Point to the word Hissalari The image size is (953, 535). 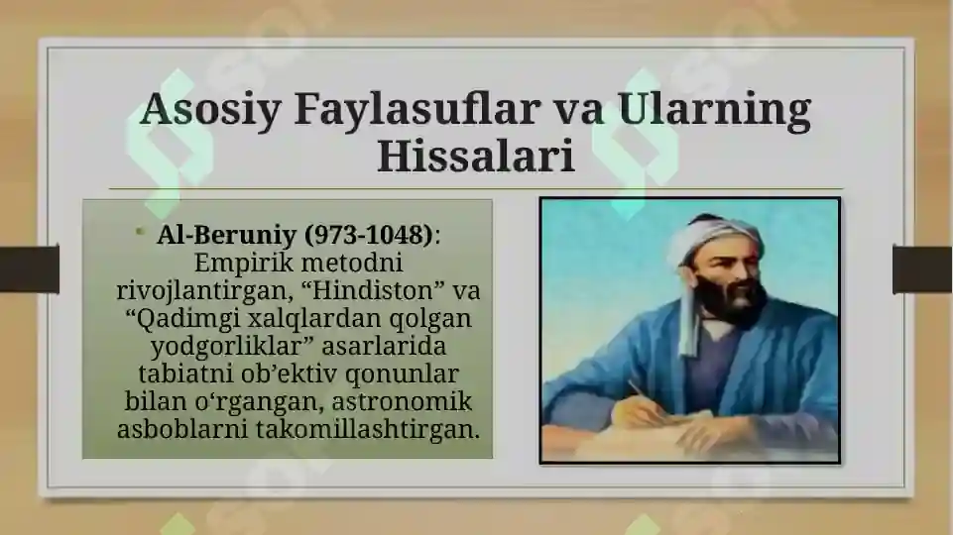pos(476,158)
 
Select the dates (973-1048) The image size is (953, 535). pos(369,237)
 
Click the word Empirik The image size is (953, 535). pos(236,265)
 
